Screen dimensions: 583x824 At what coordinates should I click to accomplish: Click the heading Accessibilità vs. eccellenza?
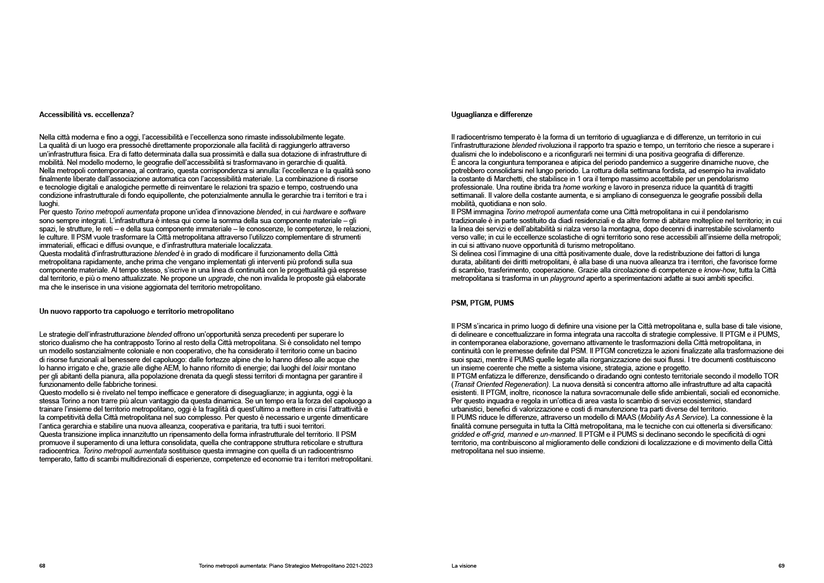[x=87, y=115]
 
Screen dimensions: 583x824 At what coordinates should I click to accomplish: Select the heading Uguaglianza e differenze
[x=492, y=115]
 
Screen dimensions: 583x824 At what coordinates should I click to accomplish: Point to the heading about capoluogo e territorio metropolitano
[x=137, y=311]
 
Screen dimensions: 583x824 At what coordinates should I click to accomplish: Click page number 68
[x=42, y=565]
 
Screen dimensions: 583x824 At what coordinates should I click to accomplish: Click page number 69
[x=782, y=565]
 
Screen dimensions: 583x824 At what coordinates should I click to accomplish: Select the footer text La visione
[x=464, y=565]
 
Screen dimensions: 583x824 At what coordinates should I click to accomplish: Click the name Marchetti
[x=500, y=179]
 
